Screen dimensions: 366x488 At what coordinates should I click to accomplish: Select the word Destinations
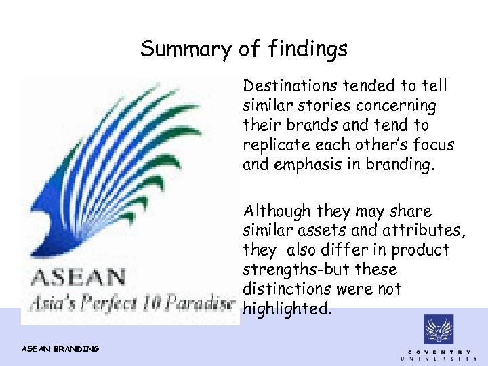click(291, 86)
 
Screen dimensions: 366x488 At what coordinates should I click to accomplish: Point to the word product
click(420, 250)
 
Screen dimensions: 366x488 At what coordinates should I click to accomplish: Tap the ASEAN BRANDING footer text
click(60, 348)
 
